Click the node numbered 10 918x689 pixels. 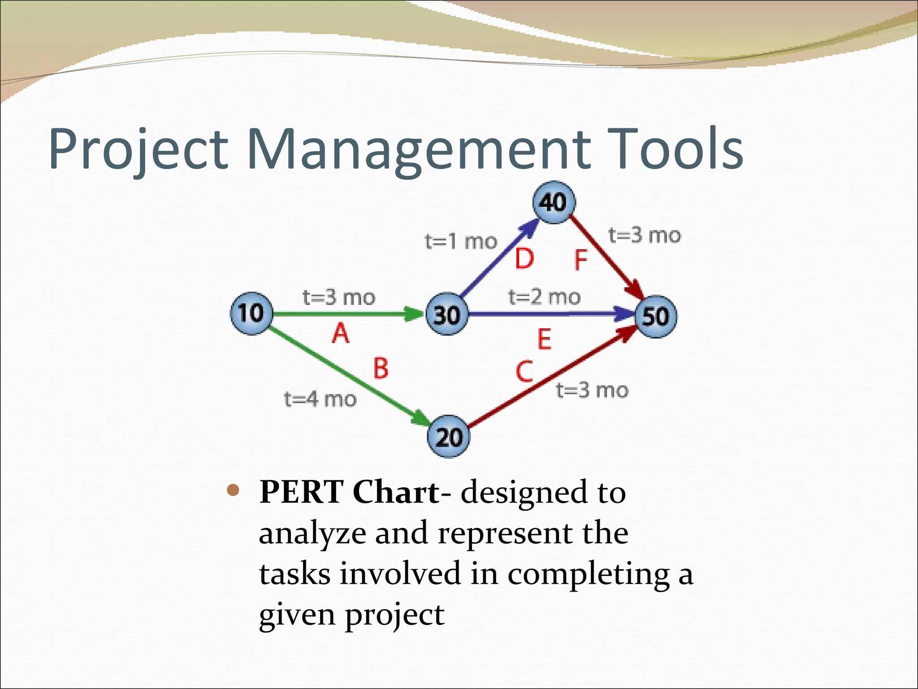click(x=251, y=313)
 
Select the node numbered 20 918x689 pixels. click(x=448, y=436)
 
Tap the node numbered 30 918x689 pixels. click(x=447, y=314)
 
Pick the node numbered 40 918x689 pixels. click(x=554, y=202)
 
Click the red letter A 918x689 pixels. click(x=341, y=334)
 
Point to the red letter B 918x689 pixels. click(x=381, y=368)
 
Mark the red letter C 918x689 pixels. click(x=524, y=372)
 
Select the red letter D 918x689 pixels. click(x=524, y=259)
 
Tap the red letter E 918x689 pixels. click(x=544, y=339)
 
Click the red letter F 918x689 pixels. click(x=580, y=261)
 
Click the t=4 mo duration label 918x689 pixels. click(x=320, y=399)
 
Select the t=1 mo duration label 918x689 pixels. click(x=461, y=242)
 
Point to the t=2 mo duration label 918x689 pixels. click(x=544, y=297)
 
